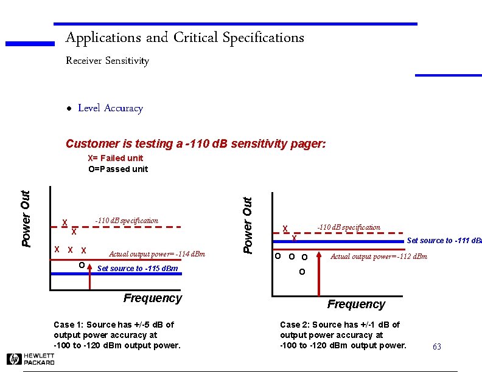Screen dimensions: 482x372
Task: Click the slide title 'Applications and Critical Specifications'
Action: point(184,38)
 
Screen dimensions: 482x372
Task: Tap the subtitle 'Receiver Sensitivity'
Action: point(107,61)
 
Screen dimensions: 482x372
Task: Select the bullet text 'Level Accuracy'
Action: point(110,108)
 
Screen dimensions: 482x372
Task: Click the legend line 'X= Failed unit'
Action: point(116,158)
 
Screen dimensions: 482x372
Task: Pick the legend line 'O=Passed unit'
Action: point(118,169)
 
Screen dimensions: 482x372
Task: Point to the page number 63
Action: point(436,346)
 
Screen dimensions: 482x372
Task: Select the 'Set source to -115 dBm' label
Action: point(138,268)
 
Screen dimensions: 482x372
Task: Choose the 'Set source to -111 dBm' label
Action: point(444,241)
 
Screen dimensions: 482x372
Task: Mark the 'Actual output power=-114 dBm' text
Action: point(156,254)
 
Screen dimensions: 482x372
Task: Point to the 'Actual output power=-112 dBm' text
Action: point(379,257)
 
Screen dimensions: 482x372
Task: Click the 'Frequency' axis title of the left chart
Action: point(153,298)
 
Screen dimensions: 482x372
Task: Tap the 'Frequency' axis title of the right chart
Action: point(356,304)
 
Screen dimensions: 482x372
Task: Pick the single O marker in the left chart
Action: point(82,265)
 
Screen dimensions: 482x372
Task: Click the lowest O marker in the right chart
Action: point(302,272)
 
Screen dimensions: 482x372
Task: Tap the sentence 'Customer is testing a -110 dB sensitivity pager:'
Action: point(195,144)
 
